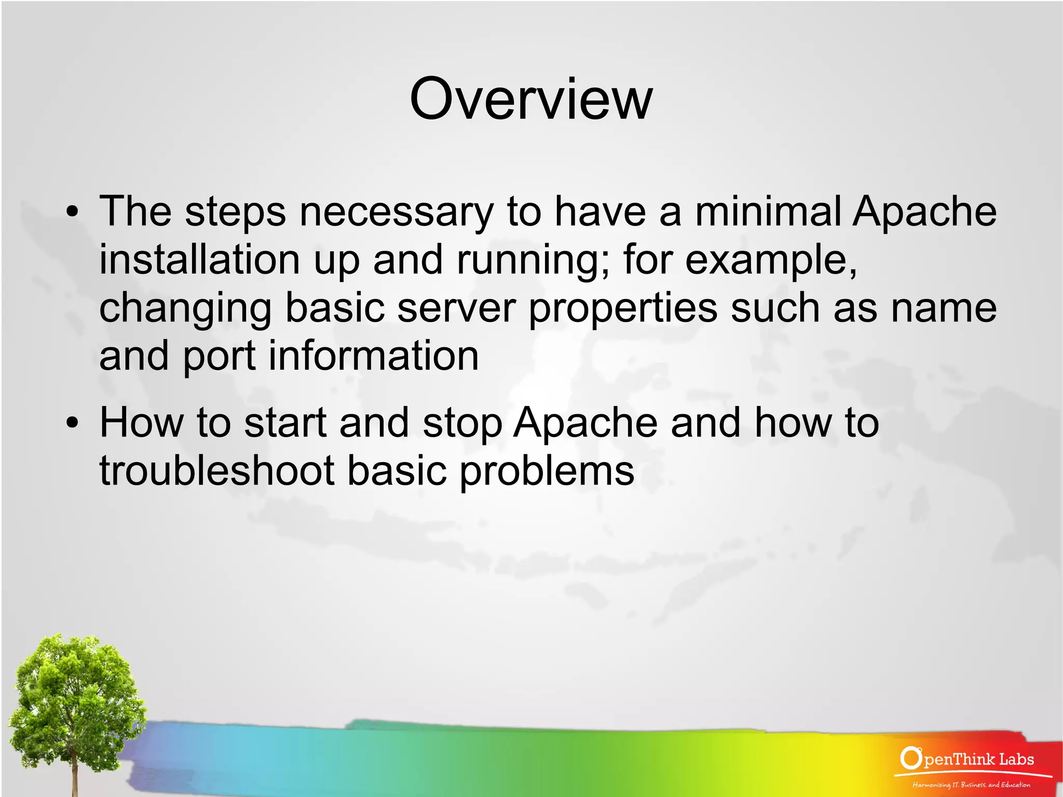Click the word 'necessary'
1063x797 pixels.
(397, 212)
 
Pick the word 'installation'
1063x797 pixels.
(200, 260)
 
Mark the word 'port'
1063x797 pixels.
(219, 357)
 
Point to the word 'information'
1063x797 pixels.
(373, 356)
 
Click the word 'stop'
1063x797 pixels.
(462, 424)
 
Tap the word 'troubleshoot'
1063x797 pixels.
(217, 471)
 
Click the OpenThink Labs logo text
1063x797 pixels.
(967, 759)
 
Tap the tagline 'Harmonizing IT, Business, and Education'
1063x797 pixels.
(971, 785)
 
